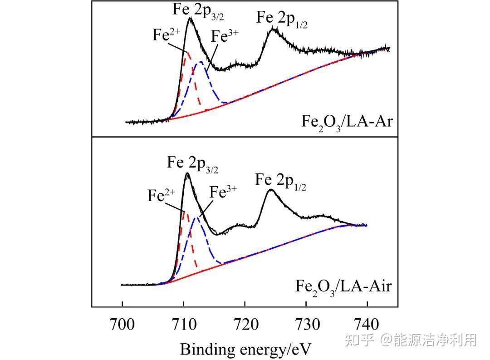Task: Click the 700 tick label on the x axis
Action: (122, 325)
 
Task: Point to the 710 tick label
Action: (184, 325)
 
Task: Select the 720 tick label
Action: (245, 325)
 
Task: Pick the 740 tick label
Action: (367, 325)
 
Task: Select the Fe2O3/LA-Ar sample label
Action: (346, 123)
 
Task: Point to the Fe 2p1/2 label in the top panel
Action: (282, 20)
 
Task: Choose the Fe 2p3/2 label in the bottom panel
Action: (192, 164)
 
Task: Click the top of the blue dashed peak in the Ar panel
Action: (201, 62)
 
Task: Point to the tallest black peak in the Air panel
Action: (187, 173)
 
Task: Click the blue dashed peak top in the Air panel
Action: (196, 218)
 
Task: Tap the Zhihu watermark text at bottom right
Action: (411, 340)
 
